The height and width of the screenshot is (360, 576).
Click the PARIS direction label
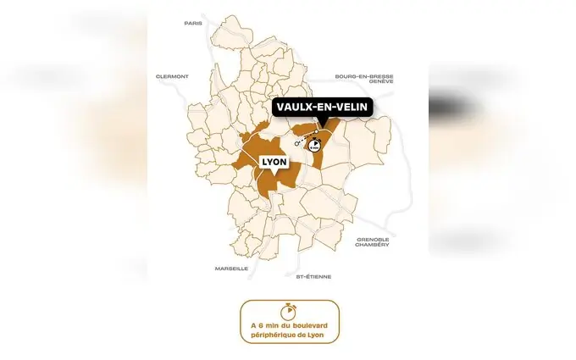click(193, 23)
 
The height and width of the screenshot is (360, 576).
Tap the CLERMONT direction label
click(172, 76)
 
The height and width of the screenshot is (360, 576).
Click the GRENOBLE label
click(373, 239)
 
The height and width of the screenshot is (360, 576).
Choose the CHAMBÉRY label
click(373, 245)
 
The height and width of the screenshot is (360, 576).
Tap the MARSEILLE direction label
click(231, 268)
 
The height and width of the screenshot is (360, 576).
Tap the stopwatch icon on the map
click(315, 145)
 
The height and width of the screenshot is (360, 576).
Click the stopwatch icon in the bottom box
click(288, 310)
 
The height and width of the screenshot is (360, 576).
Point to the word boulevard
click(303, 324)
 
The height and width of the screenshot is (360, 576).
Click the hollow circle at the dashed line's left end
click(297, 144)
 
